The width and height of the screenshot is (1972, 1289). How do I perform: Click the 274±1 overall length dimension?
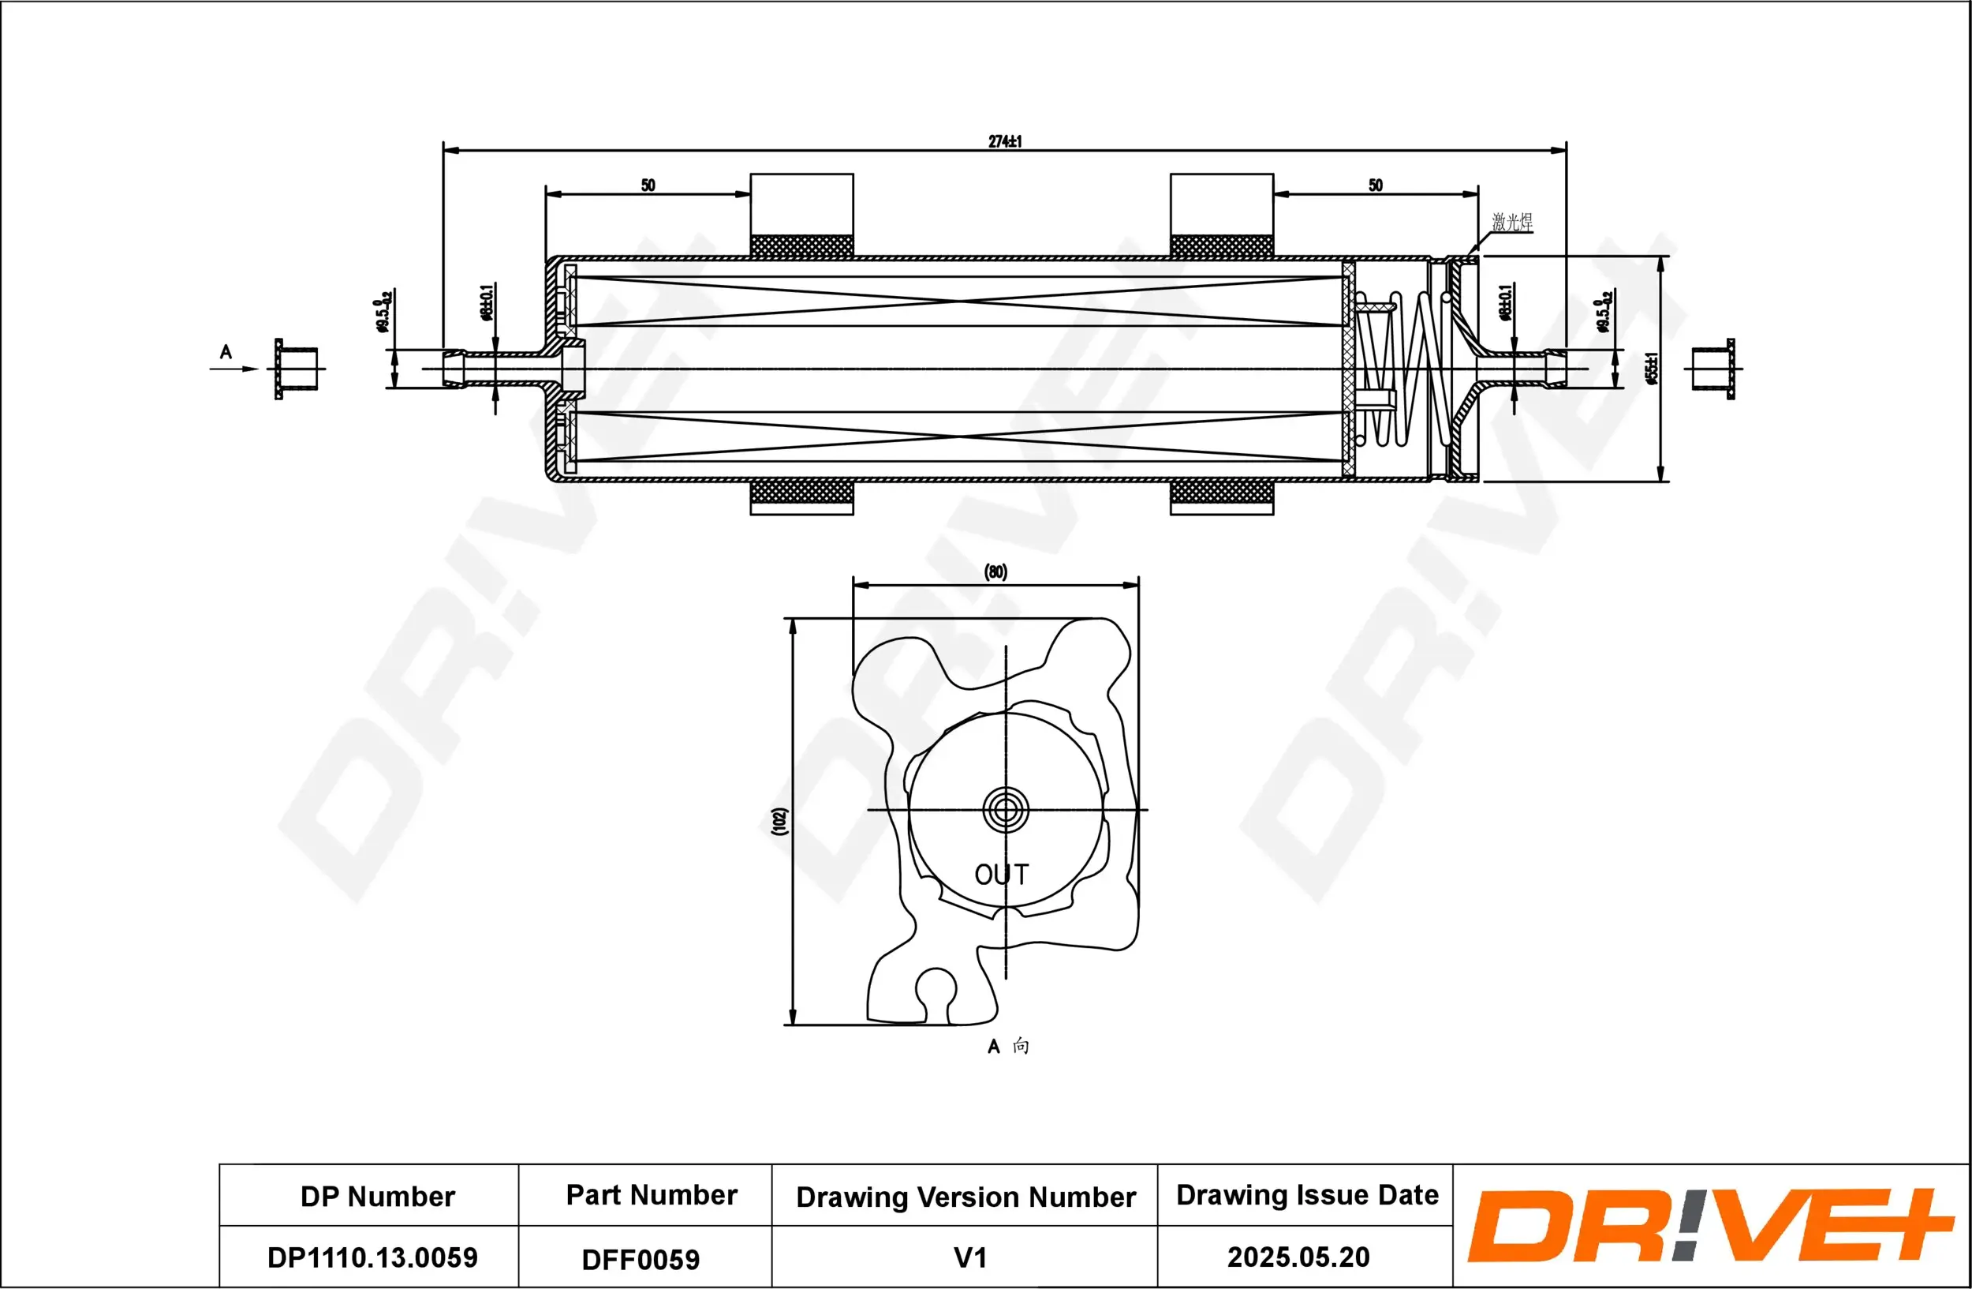tap(1004, 142)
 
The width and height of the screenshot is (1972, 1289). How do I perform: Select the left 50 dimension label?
tap(648, 185)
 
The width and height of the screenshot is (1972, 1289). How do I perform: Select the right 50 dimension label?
tap(1376, 185)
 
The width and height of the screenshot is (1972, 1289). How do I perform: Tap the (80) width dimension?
tap(995, 572)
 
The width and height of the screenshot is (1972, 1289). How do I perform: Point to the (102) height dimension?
tap(779, 821)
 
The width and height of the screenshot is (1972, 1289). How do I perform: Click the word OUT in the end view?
tap(1001, 875)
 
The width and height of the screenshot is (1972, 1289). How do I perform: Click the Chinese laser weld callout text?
tap(1511, 222)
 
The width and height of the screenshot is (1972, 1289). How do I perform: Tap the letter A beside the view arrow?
tap(226, 352)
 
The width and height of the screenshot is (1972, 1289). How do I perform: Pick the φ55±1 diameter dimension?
tap(1651, 369)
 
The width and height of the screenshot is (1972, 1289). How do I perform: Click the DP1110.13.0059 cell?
tap(372, 1257)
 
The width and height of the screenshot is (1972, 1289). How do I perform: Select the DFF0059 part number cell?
tap(641, 1259)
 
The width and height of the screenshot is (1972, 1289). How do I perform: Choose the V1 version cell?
tap(969, 1257)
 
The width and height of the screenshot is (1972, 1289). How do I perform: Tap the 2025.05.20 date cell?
tap(1298, 1257)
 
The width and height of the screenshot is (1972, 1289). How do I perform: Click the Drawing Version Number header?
tap(965, 1197)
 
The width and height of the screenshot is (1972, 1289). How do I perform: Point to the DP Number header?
tap(377, 1196)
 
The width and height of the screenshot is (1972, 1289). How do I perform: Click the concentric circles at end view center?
tap(1006, 810)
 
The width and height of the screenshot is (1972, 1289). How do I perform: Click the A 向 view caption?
tap(1007, 1046)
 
